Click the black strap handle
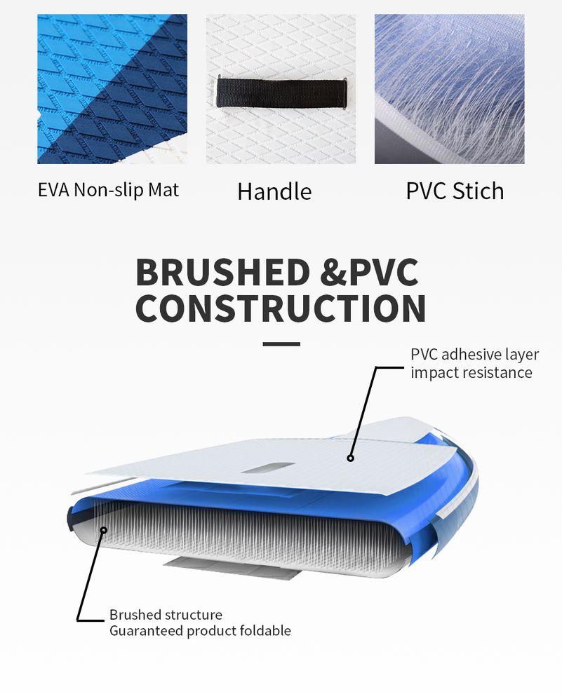click(x=281, y=93)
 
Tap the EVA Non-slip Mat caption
click(x=108, y=190)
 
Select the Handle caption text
click(x=274, y=191)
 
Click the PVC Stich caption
click(x=455, y=191)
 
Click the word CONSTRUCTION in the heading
click(x=281, y=308)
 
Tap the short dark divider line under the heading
click(x=281, y=344)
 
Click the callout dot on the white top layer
click(x=350, y=458)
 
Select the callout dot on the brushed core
click(x=104, y=530)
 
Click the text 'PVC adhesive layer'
click(x=474, y=355)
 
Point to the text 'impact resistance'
click(x=471, y=373)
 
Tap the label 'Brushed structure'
click(x=166, y=615)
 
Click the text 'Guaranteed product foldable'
click(x=200, y=631)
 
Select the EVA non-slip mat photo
click(x=112, y=89)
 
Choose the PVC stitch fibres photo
click(x=450, y=89)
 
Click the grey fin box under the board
click(x=232, y=568)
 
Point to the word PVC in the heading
click(x=384, y=272)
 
